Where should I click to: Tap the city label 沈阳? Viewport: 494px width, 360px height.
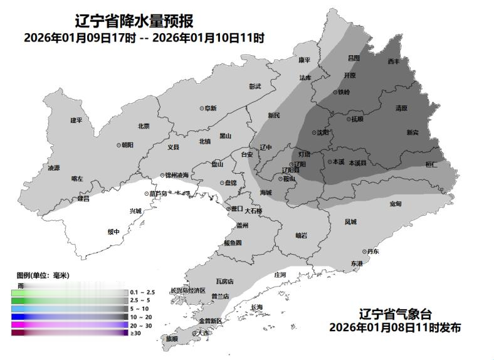click(322, 132)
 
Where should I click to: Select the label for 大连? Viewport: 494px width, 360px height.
click(202, 333)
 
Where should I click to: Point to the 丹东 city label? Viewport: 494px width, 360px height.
click(373, 251)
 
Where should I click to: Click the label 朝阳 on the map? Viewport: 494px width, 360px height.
click(127, 145)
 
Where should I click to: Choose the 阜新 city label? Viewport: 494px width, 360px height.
click(210, 109)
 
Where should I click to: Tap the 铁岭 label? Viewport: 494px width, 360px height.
click(344, 92)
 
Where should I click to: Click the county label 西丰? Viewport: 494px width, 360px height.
click(394, 61)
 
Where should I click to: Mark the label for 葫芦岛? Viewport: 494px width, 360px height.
click(158, 194)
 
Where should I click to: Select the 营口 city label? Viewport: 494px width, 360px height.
click(237, 208)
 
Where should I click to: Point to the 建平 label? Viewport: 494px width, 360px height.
click(76, 120)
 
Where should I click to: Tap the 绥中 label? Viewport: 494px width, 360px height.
click(113, 231)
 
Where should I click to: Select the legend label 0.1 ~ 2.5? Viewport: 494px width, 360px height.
click(141, 293)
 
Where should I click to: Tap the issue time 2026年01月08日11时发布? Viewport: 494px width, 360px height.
click(395, 327)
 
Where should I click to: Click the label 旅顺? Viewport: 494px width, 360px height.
click(172, 339)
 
